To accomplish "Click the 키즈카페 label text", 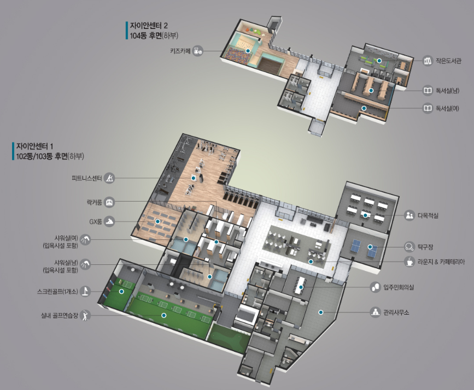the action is pyautogui.click(x=180, y=51).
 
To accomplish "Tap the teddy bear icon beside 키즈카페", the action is pyautogui.click(x=198, y=51).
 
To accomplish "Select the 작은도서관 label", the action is pyautogui.click(x=448, y=61).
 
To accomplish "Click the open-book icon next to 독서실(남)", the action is pyautogui.click(x=428, y=90).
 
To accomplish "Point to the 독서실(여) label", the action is pyautogui.click(x=447, y=108).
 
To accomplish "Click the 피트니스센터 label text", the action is pyautogui.click(x=87, y=178).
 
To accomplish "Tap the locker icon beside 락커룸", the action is pyautogui.click(x=109, y=202).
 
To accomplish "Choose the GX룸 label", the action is pyautogui.click(x=96, y=222).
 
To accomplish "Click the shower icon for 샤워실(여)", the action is pyautogui.click(x=85, y=240).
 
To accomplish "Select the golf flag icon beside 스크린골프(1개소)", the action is pyautogui.click(x=85, y=291).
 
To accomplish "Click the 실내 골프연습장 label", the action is pyautogui.click(x=60, y=316).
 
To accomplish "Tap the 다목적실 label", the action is pyautogui.click(x=428, y=216).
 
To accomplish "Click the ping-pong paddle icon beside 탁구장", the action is pyautogui.click(x=409, y=247).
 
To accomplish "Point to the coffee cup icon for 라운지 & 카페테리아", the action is pyautogui.click(x=409, y=262).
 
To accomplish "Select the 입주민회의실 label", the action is pyautogui.click(x=399, y=287).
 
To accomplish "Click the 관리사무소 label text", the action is pyautogui.click(x=396, y=312).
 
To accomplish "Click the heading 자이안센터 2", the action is pyautogui.click(x=149, y=25).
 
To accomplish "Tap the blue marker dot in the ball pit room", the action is pyautogui.click(x=248, y=51).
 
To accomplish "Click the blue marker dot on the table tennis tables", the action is pyautogui.click(x=370, y=247).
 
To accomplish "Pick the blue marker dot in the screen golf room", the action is pyautogui.click(x=121, y=292).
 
